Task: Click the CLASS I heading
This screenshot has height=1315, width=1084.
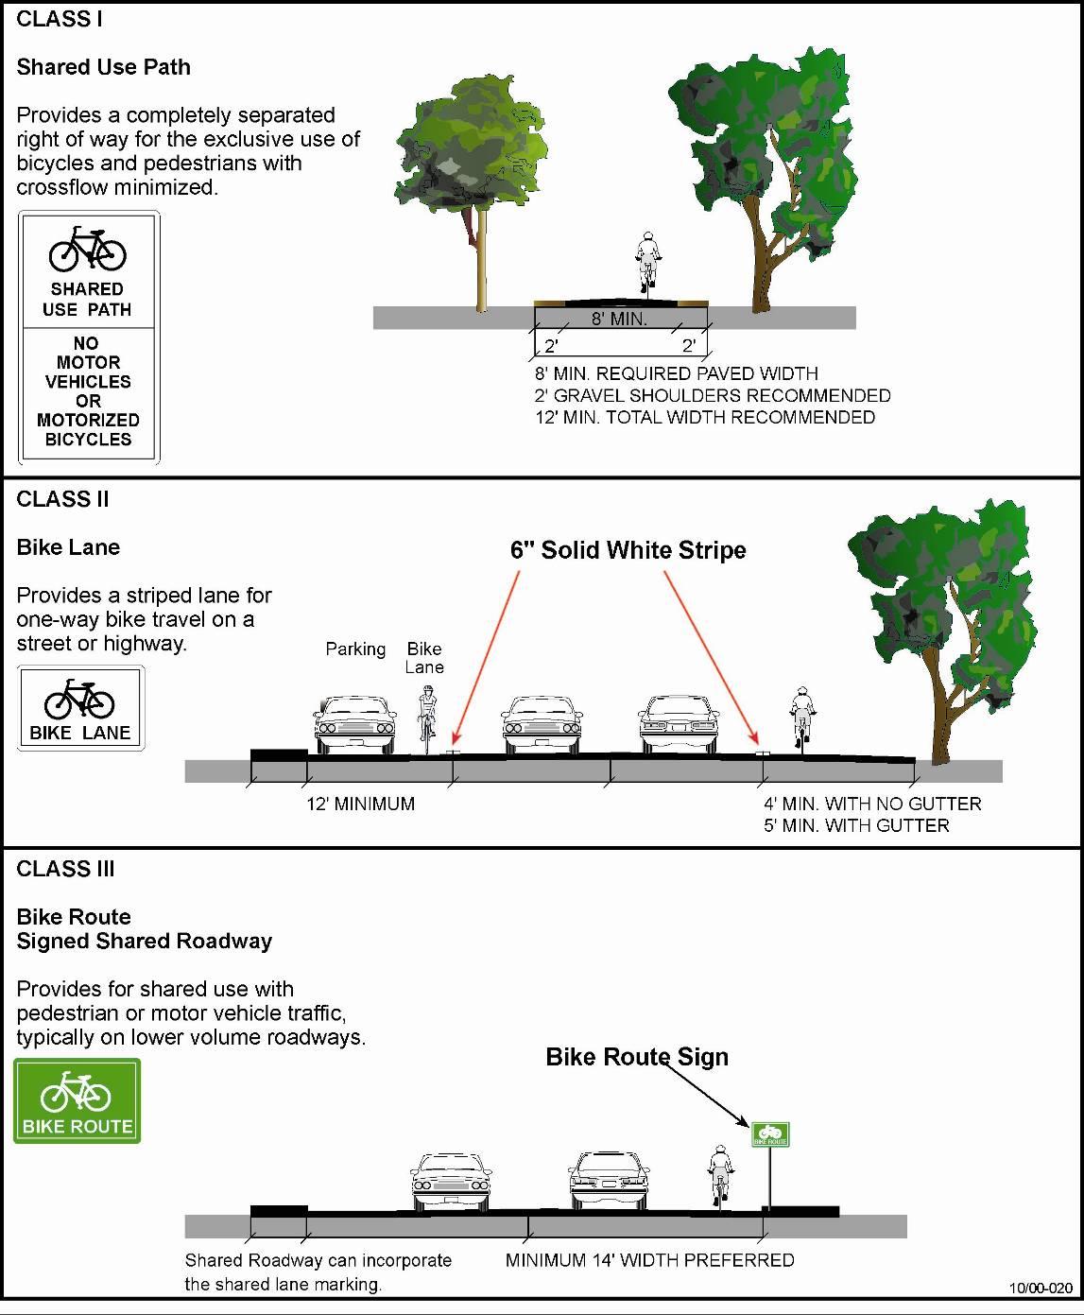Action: tap(60, 19)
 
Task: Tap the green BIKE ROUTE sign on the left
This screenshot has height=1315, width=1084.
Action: tap(77, 1100)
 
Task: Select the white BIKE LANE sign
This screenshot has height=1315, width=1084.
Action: tap(80, 709)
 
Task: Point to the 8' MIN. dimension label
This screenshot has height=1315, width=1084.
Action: tap(619, 319)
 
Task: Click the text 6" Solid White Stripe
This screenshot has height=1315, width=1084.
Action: tap(628, 550)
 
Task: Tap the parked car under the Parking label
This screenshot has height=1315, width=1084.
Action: tap(353, 725)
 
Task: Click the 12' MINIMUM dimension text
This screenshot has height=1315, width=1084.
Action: tap(360, 805)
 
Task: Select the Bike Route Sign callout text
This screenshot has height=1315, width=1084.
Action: tap(637, 1057)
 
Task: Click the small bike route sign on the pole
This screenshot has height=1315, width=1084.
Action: tap(770, 1134)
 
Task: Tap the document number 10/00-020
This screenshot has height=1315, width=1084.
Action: tap(1041, 1288)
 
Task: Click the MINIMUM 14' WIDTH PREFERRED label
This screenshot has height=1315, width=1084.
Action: tap(649, 1260)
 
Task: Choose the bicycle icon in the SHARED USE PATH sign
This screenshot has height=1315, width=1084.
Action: tap(87, 251)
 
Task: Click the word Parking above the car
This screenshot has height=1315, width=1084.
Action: tap(355, 649)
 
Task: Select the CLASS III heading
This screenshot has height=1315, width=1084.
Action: tap(65, 869)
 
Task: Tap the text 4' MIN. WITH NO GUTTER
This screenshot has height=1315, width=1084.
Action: tap(872, 805)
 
